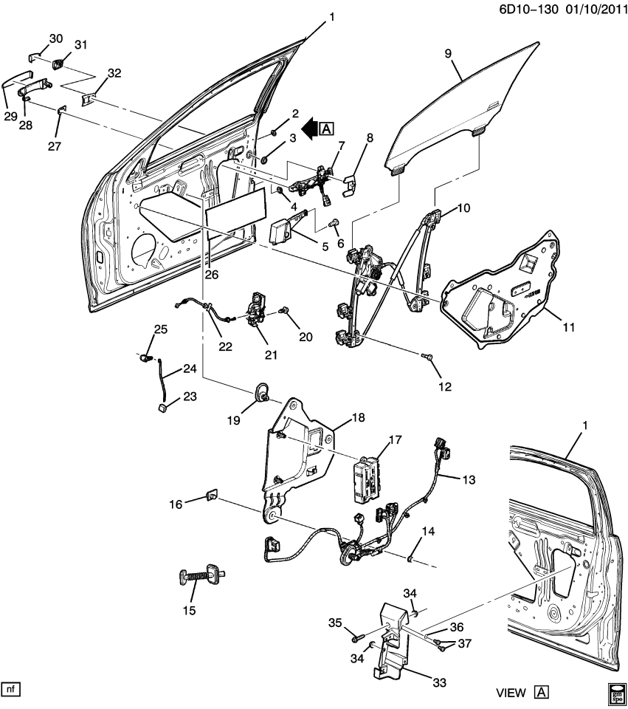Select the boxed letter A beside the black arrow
(x=328, y=130)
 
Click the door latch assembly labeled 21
(x=258, y=308)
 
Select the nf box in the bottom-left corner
(x=11, y=689)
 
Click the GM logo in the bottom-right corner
(x=616, y=693)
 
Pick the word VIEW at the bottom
(x=510, y=693)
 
